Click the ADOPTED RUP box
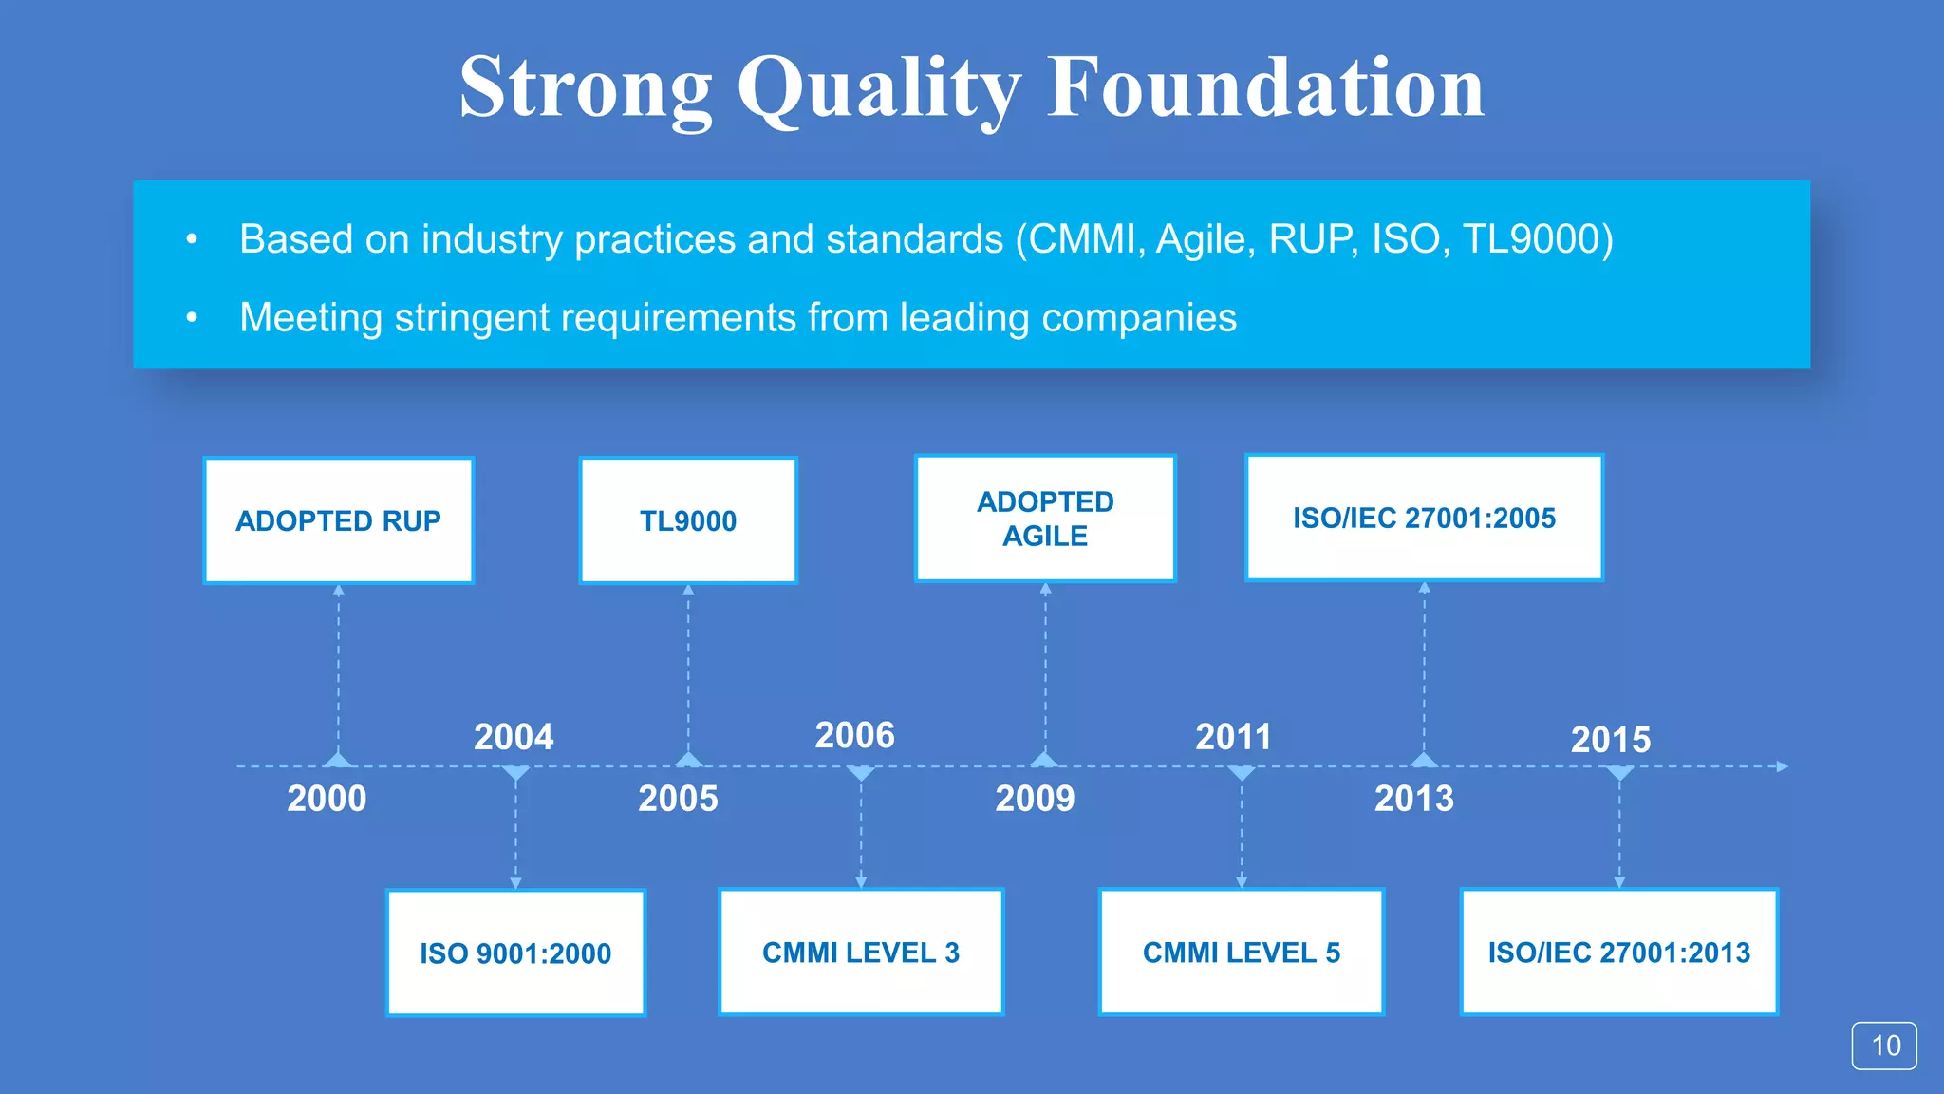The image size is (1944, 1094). point(338,520)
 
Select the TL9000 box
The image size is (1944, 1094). point(688,520)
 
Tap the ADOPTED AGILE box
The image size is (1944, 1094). point(1045,519)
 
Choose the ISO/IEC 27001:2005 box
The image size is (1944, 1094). point(1424,518)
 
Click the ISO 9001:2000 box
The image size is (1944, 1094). point(515,953)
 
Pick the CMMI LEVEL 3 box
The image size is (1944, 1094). point(861,952)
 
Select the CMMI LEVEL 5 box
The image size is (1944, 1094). point(1241,952)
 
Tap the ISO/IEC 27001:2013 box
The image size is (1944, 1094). point(1618,952)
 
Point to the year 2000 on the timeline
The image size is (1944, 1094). point(327,799)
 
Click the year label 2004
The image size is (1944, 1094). point(514,737)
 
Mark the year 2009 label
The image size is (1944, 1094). point(1035,799)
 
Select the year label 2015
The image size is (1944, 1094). point(1611,740)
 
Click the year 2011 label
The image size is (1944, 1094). point(1233,737)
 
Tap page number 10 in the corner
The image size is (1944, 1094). point(1884,1046)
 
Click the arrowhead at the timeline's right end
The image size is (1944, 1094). point(1782,766)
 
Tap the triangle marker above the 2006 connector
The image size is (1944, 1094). point(861,773)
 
